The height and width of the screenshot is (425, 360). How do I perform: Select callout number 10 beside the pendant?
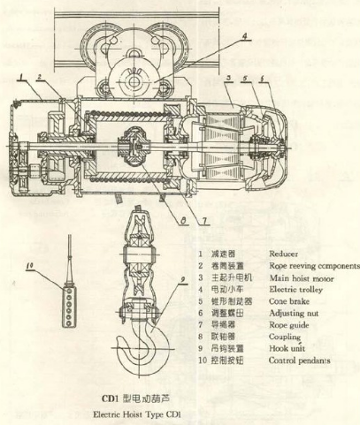click(x=32, y=264)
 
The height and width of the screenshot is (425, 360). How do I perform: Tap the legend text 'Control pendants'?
click(x=296, y=360)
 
